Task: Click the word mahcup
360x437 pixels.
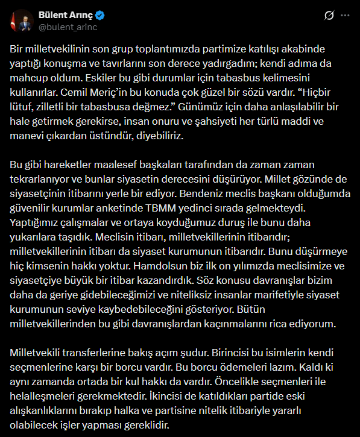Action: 28,78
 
